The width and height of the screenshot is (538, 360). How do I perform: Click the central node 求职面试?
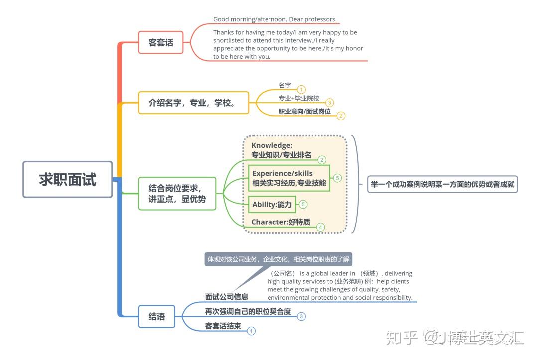pyautogui.click(x=68, y=179)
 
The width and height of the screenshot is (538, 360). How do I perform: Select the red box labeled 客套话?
pyautogui.click(x=161, y=42)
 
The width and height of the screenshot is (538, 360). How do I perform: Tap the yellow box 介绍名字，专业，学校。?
pyautogui.click(x=193, y=103)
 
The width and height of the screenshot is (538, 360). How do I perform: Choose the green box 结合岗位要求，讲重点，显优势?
pyautogui.click(x=177, y=193)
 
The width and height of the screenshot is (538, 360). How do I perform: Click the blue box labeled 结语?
pyautogui.click(x=157, y=316)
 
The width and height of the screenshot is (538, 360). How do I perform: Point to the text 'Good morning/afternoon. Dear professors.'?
pyautogui.click(x=275, y=19)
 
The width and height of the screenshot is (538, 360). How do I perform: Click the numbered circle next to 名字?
pyautogui.click(x=301, y=90)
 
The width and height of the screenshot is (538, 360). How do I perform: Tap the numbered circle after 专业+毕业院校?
pyautogui.click(x=329, y=102)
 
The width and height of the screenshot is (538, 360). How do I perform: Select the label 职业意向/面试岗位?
pyautogui.click(x=305, y=111)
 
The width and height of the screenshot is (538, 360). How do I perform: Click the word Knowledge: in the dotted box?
pyautogui.click(x=272, y=145)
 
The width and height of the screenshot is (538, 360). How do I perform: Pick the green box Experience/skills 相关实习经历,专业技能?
pyautogui.click(x=289, y=178)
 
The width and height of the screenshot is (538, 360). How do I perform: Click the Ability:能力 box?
pyautogui.click(x=272, y=204)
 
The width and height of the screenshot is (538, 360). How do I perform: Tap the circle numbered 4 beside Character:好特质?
pyautogui.click(x=320, y=227)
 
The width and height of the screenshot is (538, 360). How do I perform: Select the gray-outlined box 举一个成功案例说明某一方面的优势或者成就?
pyautogui.click(x=442, y=184)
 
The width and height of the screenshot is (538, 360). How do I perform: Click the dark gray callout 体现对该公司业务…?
pyautogui.click(x=278, y=259)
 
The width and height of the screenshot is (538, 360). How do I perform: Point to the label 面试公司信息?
pyautogui.click(x=227, y=297)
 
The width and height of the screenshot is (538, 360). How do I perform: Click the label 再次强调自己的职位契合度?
pyautogui.click(x=248, y=311)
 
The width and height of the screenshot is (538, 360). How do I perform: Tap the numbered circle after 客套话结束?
pyautogui.click(x=251, y=331)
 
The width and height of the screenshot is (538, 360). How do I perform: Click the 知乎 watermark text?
pyautogui.click(x=402, y=338)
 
